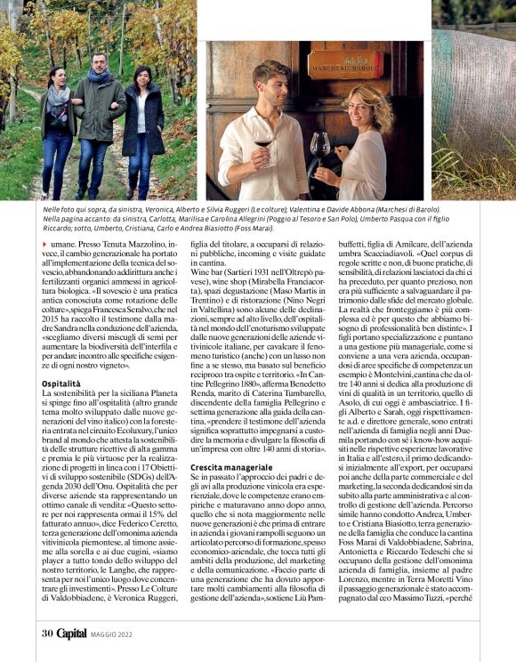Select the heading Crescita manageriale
tap(231, 466)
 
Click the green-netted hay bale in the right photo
tap(475, 107)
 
